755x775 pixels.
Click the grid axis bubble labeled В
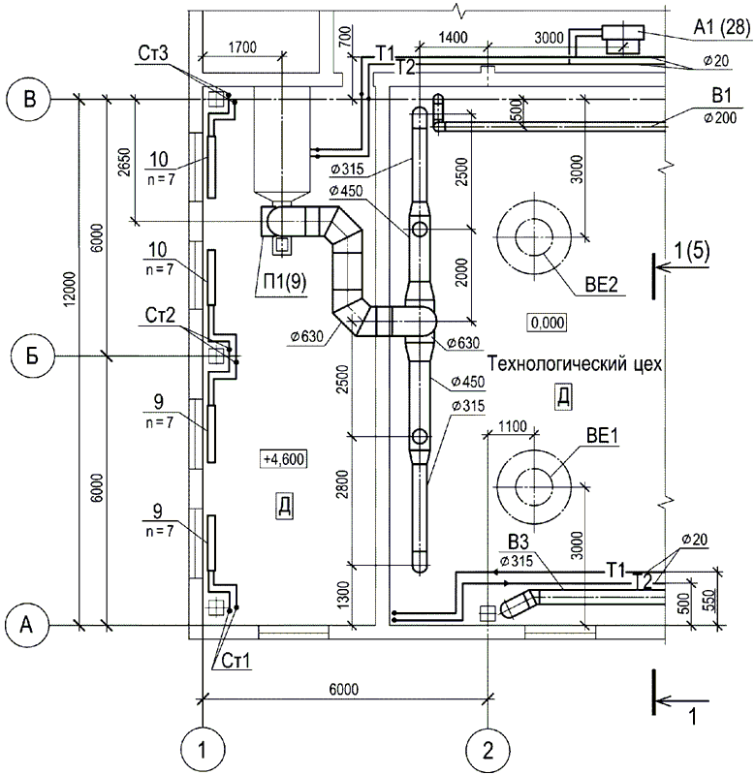[30, 100]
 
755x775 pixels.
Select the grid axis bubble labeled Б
[32, 356]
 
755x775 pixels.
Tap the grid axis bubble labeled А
[27, 625]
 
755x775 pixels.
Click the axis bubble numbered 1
[203, 751]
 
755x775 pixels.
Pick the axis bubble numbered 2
[488, 751]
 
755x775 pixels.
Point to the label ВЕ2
[601, 285]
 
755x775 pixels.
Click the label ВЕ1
[602, 436]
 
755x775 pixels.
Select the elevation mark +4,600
[283, 458]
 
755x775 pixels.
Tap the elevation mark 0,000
[547, 323]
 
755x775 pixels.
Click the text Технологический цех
[575, 364]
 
